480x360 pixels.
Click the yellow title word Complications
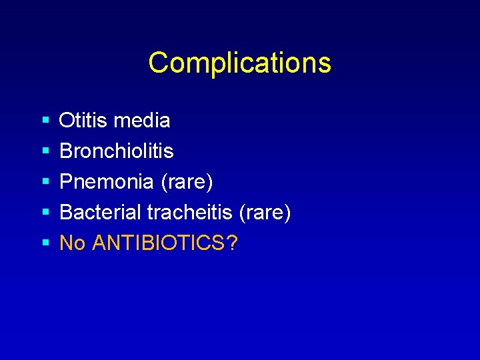(x=239, y=63)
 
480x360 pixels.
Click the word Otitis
(x=84, y=121)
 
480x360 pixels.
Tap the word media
(x=142, y=121)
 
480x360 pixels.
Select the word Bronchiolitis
(x=117, y=151)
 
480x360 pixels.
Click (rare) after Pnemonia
(x=187, y=182)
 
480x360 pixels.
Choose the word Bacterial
(x=100, y=213)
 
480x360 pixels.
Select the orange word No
(x=73, y=243)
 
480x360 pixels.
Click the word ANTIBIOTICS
(x=159, y=243)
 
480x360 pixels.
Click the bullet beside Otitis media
(x=45, y=121)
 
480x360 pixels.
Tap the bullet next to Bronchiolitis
(x=45, y=152)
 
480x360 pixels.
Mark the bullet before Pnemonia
(x=45, y=183)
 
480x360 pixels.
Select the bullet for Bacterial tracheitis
(x=45, y=213)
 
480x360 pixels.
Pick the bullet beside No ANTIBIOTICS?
(x=45, y=244)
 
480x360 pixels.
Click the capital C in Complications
(x=158, y=63)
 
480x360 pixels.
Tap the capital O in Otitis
(x=67, y=121)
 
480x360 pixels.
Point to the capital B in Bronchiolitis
(x=66, y=151)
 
